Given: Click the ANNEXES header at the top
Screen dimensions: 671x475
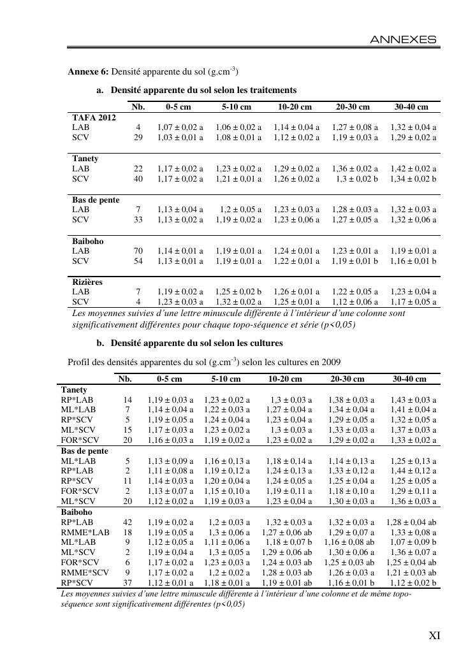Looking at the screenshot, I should click(404, 40).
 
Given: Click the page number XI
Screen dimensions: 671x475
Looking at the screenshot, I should click(434, 635).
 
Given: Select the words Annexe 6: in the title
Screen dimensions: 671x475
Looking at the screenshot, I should click(88, 71).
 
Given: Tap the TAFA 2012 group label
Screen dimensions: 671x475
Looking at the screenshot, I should click(94, 118).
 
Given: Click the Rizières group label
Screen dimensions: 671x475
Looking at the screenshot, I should click(87, 282).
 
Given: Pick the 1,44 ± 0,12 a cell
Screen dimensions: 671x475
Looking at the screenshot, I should click(411, 471).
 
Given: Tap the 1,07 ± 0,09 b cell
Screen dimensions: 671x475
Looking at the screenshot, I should click(411, 542).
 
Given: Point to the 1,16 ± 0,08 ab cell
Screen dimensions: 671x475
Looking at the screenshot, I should click(349, 542).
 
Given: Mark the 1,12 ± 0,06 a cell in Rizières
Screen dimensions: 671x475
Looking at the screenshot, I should click(354, 302).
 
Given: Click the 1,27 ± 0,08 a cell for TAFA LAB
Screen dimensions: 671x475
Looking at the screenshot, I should click(354, 127).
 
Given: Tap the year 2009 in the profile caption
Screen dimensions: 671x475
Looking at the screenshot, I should click(332, 362).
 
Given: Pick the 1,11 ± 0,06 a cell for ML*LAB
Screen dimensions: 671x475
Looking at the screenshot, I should click(227, 542).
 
